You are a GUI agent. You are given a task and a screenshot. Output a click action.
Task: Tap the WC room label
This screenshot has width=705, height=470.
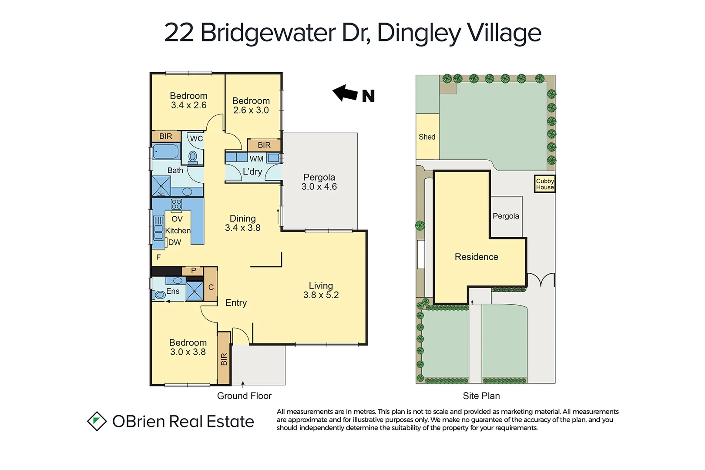(196, 139)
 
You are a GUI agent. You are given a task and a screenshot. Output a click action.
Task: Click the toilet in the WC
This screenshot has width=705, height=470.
(193, 156)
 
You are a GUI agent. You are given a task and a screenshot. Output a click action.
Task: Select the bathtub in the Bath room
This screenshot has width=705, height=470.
(166, 151)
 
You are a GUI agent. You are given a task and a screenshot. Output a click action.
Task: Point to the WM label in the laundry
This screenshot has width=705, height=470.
(256, 159)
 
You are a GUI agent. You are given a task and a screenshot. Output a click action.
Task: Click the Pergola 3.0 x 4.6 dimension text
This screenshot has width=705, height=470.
(319, 187)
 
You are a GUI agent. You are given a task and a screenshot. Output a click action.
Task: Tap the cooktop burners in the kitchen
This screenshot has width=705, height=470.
(176, 204)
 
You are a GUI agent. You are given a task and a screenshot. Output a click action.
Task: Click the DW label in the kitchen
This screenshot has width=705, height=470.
(175, 242)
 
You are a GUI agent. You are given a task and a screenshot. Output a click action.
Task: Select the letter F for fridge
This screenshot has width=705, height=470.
(158, 257)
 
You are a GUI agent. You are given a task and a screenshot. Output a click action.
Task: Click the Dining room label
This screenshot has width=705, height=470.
(242, 218)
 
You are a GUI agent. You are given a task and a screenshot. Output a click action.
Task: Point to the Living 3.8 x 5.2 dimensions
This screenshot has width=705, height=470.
(321, 295)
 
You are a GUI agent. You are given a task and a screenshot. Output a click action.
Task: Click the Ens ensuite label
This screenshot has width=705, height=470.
(173, 291)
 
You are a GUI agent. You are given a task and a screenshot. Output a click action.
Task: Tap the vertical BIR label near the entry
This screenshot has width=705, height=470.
(224, 359)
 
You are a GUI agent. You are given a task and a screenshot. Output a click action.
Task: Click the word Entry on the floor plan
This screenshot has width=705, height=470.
(236, 303)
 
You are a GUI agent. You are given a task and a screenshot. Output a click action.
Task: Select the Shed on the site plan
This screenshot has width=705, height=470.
(427, 137)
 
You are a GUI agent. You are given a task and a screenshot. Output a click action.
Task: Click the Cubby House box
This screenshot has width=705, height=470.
(544, 184)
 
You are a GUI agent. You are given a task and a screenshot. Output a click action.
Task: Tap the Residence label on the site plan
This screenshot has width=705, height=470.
(476, 257)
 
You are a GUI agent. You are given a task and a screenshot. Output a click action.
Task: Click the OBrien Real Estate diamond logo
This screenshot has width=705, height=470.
(97, 421)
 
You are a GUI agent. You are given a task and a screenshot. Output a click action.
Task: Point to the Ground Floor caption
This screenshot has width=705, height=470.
(244, 396)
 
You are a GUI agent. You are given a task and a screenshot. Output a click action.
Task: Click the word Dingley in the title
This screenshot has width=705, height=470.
(418, 33)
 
